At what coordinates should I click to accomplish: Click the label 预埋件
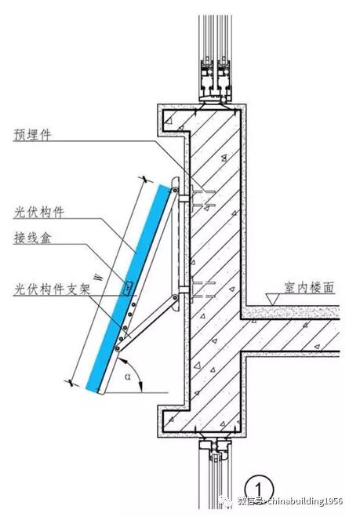32,134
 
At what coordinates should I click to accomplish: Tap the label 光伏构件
38,212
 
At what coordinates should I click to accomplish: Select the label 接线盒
32,237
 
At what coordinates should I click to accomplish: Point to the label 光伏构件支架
52,289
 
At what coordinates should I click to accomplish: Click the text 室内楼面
310,287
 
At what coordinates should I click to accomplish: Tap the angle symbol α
128,377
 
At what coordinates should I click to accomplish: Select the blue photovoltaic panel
128,288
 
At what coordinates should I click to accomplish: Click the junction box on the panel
127,288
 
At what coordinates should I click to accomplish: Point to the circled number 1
259,490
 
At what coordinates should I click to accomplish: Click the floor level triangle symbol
273,299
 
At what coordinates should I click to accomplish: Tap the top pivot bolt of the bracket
175,190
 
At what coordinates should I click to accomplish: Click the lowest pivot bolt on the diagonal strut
118,349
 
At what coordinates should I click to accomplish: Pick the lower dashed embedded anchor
202,289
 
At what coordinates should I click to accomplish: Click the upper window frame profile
216,81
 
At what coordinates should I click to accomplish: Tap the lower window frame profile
215,449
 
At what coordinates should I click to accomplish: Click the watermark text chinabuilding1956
305,501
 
